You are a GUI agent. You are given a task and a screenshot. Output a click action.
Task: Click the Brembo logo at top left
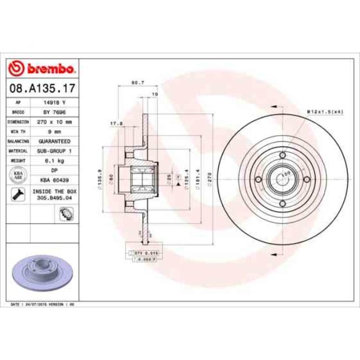point(42,69)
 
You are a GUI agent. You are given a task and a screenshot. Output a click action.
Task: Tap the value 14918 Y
point(54,102)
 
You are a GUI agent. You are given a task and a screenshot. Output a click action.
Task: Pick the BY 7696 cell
point(54,112)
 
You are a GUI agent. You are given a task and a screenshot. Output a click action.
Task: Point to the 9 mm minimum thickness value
point(54,131)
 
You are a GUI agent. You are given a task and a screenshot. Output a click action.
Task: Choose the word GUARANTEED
point(54,141)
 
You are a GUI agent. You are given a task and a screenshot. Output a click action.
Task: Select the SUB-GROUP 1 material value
point(54,151)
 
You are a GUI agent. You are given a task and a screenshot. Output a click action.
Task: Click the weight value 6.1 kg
point(54,161)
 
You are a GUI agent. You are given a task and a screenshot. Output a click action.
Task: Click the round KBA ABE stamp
point(18,175)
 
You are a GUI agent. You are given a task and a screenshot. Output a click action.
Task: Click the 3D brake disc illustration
point(42,271)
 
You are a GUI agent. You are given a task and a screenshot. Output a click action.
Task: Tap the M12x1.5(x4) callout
point(325,112)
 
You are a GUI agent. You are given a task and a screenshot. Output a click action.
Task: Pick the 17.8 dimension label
point(116,124)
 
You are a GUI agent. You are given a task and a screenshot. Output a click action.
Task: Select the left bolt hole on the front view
point(258,179)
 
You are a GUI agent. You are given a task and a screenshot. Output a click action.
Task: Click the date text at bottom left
point(44,305)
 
